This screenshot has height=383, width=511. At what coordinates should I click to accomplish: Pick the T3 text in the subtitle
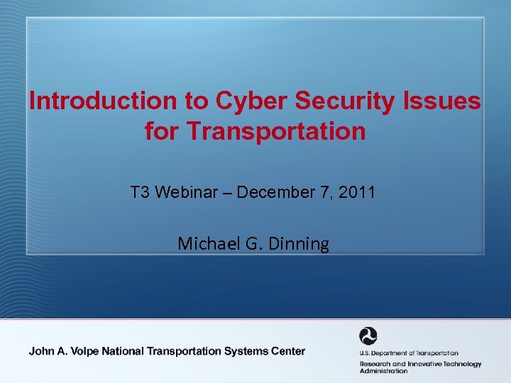[x=139, y=191]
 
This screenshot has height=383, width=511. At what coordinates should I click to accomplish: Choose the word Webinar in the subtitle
[x=182, y=191]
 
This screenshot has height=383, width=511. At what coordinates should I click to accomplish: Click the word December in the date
[x=271, y=191]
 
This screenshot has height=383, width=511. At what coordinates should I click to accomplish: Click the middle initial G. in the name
[x=254, y=244]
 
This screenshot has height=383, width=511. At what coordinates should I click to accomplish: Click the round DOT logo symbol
[x=369, y=336]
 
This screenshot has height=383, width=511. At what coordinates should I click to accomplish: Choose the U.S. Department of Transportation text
[x=408, y=353]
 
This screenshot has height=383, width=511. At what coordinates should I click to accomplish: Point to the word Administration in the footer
[x=383, y=371]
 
